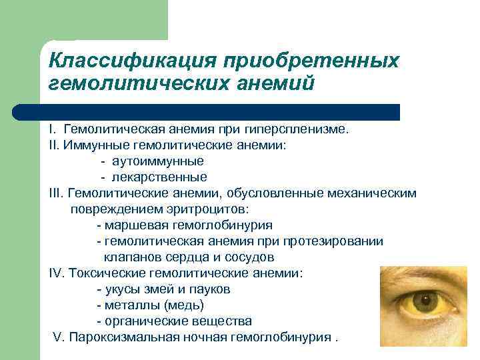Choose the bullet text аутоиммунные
[x=158, y=161]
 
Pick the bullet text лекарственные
[x=159, y=177]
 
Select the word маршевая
[x=130, y=225]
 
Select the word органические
[x=139, y=321]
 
